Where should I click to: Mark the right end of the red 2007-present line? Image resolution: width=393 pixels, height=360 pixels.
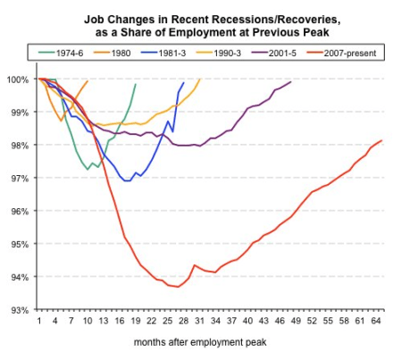[x=382, y=140]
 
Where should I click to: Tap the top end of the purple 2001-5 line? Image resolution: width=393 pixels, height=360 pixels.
[x=291, y=81]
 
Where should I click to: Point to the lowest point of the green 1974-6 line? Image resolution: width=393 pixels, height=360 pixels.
[x=87, y=169]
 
